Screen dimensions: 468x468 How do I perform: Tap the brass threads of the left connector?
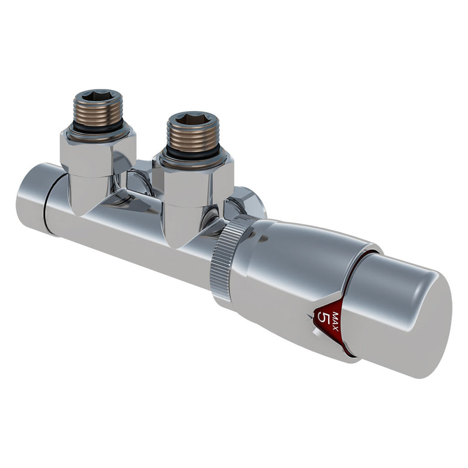point(98,112)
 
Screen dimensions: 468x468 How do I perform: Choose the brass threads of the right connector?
point(194,138)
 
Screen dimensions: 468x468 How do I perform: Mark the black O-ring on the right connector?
point(192,154)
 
